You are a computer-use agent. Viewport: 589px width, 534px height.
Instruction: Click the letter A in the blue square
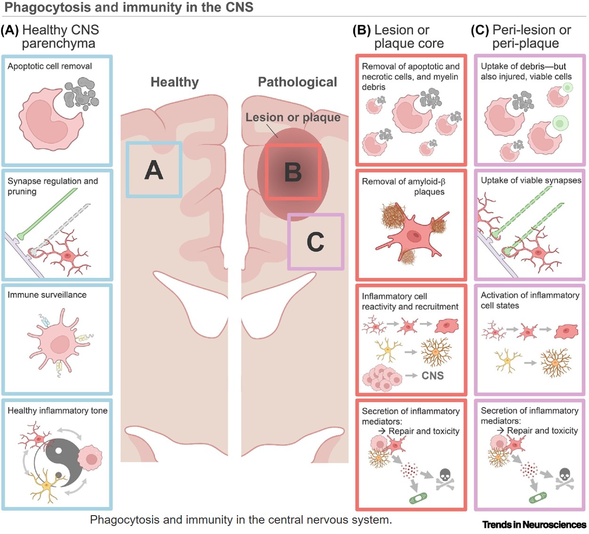point(154,170)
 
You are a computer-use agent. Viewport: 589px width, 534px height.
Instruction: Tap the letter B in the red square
point(293,172)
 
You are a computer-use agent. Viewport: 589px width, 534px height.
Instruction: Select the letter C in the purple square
point(315,242)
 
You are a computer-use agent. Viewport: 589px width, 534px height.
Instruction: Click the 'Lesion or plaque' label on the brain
point(293,117)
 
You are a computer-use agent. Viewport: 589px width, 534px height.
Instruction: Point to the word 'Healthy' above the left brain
point(174,82)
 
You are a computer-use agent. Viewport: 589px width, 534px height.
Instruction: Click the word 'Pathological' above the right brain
point(297,82)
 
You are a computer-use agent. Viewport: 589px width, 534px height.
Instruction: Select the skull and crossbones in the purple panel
point(564,478)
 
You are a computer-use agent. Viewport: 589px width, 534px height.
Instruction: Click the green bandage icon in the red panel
point(418,498)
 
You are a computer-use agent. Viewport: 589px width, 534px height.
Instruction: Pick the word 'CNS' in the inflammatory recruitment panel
point(433,376)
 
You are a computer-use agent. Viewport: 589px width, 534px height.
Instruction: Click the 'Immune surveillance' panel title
point(47,295)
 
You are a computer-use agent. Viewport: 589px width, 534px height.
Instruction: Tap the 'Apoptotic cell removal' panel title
point(49,66)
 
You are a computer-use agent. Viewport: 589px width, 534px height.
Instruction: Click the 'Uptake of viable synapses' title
point(531,181)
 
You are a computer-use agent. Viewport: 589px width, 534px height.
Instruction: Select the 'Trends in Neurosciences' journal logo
point(534,525)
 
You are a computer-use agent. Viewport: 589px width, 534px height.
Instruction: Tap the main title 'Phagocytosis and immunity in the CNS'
point(129,8)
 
